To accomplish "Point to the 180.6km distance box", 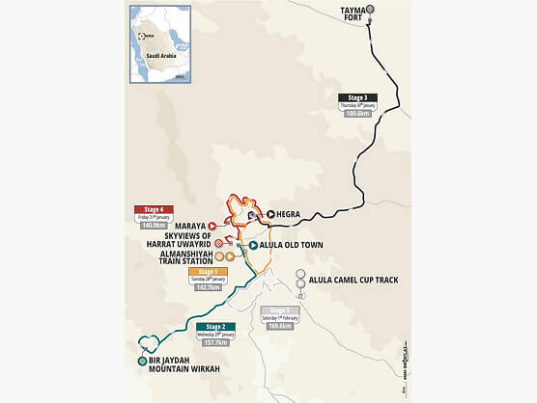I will pos(357,113).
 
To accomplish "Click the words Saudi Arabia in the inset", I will pos(158,56).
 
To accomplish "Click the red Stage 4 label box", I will pos(155,209).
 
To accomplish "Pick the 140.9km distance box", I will pos(155,227).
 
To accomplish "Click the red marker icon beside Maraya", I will pos(212,226).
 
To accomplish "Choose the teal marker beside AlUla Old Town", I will pos(252,246).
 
